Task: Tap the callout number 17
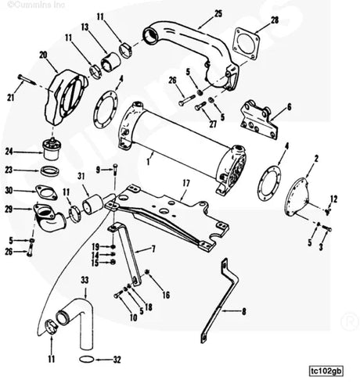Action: (x=185, y=185)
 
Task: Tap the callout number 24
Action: (x=10, y=152)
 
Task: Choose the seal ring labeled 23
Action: (x=48, y=170)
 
